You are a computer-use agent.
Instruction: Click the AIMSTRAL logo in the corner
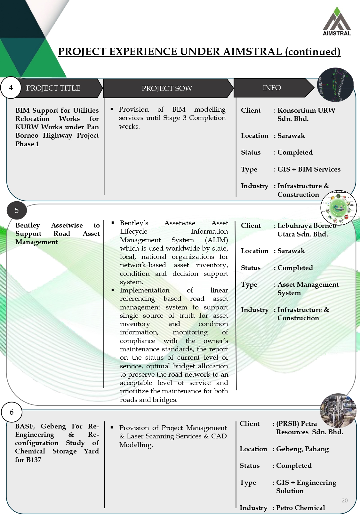point(337,21)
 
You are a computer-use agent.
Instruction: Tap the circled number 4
point(11,88)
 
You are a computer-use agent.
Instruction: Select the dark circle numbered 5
point(17,210)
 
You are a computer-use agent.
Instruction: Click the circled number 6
point(12,412)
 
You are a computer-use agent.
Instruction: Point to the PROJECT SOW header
point(167,88)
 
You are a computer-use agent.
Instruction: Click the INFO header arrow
point(272,88)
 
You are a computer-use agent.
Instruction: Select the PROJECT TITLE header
point(53,88)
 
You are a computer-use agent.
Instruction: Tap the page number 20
point(345,500)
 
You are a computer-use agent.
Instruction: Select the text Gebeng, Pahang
point(302,449)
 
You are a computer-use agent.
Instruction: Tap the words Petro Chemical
point(300,508)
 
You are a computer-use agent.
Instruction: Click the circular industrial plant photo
point(338,411)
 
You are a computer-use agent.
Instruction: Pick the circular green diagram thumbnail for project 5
point(339,207)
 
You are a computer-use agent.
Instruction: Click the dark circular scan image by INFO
point(335,85)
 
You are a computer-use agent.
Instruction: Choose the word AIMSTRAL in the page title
point(252,52)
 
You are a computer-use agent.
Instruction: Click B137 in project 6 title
point(34,460)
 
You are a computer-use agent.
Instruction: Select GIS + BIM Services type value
point(309,169)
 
